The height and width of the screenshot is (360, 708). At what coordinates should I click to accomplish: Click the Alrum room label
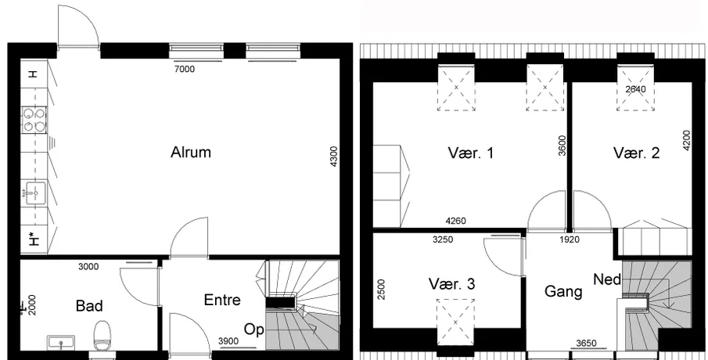(x=191, y=153)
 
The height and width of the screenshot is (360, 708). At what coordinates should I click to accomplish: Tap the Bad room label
(x=89, y=306)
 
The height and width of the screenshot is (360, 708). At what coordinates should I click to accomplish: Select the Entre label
(x=222, y=300)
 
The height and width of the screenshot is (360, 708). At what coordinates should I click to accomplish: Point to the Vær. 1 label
(x=471, y=153)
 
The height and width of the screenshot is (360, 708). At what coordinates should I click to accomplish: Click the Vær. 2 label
(x=636, y=153)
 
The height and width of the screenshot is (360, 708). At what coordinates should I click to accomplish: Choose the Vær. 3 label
(x=451, y=284)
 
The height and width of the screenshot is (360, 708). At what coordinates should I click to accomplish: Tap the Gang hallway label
(x=563, y=291)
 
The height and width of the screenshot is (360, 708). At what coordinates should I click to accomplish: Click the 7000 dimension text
(x=184, y=69)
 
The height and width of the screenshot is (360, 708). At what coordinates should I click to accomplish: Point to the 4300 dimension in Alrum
(x=334, y=156)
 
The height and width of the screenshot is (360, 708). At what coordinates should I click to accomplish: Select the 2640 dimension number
(x=635, y=89)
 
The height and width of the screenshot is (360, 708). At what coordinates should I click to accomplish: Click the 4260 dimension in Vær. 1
(x=455, y=221)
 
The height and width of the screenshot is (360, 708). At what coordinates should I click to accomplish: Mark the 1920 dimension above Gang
(x=570, y=239)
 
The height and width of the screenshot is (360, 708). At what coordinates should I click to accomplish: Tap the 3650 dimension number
(x=586, y=344)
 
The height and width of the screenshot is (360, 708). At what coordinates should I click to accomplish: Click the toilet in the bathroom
(x=102, y=335)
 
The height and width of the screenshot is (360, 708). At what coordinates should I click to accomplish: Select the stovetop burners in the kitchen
(x=34, y=120)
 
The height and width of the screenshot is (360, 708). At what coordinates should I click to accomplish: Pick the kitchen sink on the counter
(x=34, y=193)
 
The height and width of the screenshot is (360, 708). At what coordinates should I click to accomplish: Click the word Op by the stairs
(x=253, y=329)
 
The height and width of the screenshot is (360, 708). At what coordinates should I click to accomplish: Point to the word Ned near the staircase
(x=607, y=279)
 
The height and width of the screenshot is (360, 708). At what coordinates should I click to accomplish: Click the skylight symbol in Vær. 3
(x=455, y=322)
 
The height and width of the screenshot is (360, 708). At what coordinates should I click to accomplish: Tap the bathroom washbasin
(x=61, y=342)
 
